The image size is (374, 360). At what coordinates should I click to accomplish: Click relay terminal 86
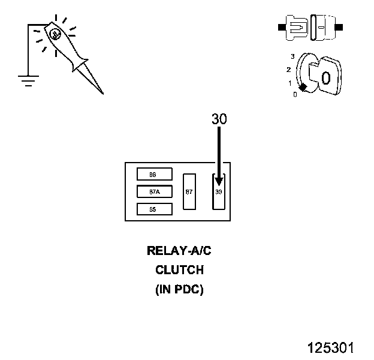[x=155, y=174]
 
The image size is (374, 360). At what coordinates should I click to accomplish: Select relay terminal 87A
[x=155, y=191]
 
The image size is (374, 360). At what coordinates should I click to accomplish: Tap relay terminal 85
[x=155, y=209]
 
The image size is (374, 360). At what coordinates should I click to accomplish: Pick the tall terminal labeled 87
[x=189, y=191]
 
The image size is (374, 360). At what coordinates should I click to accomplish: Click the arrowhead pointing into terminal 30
[x=219, y=181]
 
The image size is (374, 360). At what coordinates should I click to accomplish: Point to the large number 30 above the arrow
[x=219, y=119]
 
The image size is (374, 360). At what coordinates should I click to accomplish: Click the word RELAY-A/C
[x=179, y=251]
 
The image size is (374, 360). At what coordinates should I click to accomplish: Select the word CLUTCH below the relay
[x=179, y=270]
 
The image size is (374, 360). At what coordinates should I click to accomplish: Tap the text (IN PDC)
[x=179, y=289]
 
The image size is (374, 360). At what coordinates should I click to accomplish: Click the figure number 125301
[x=331, y=348]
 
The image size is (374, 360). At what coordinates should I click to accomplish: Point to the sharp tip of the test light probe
[x=102, y=93]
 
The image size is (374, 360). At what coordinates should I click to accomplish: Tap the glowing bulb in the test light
[x=55, y=35]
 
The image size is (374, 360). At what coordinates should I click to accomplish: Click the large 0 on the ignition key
[x=325, y=78]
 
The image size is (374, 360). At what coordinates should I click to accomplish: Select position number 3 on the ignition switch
[x=292, y=56]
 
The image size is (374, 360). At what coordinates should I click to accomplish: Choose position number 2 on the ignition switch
[x=288, y=70]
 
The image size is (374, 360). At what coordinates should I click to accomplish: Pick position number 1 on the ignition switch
[x=290, y=83]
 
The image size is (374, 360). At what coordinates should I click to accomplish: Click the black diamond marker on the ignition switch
[x=303, y=88]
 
